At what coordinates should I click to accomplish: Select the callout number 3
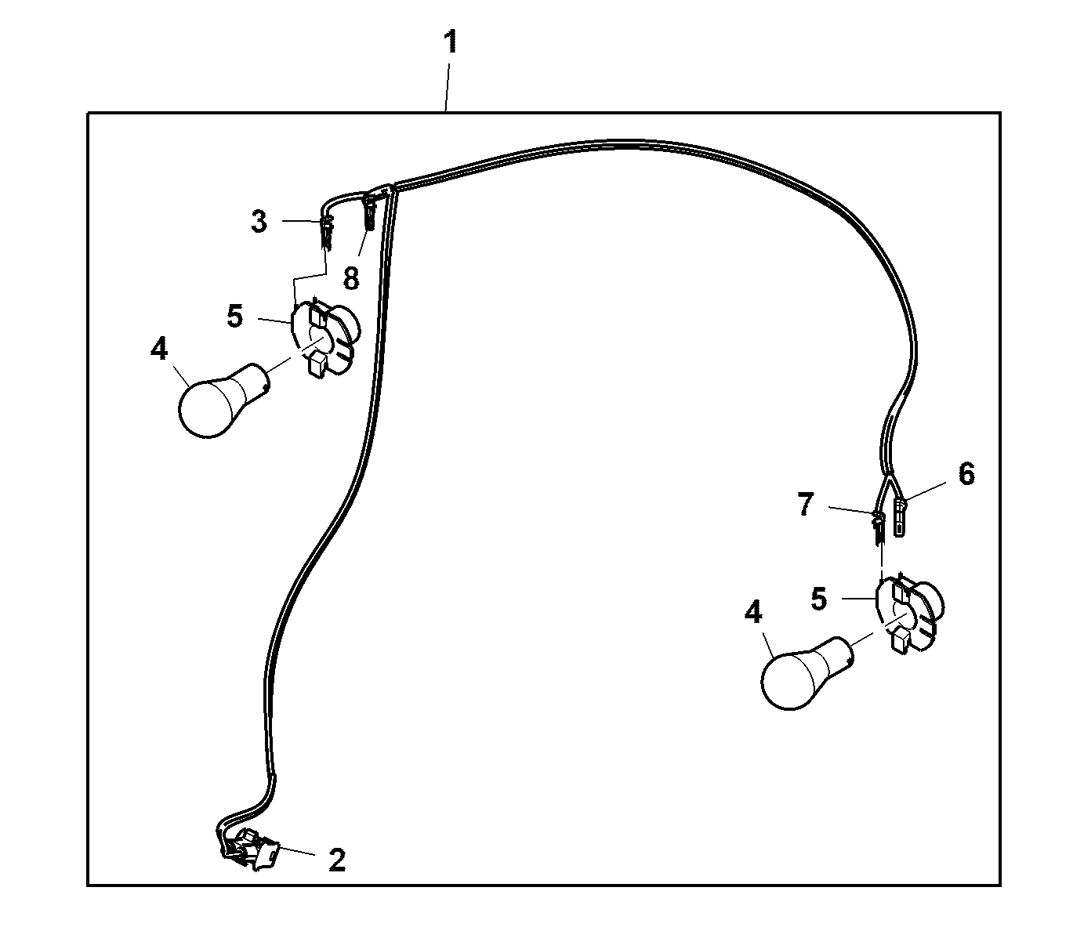pyautogui.click(x=259, y=221)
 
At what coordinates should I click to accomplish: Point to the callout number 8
pyautogui.click(x=351, y=277)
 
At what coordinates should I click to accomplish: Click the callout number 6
pyautogui.click(x=966, y=474)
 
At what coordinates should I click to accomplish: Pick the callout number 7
pyautogui.click(x=806, y=505)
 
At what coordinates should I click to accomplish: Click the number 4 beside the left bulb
pyautogui.click(x=159, y=348)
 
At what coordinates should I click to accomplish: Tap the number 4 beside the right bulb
pyautogui.click(x=753, y=612)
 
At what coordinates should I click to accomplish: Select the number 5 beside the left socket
pyautogui.click(x=235, y=316)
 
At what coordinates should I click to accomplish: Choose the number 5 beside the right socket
pyautogui.click(x=818, y=599)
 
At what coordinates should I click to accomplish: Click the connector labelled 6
pyautogui.click(x=899, y=516)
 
